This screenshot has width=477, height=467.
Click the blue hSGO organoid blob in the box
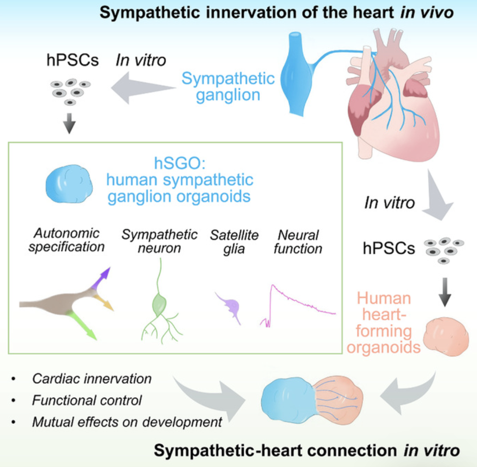pos(69,186)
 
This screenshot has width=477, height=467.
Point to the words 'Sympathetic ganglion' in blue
pos(228,86)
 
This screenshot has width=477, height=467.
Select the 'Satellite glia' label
pos(234,242)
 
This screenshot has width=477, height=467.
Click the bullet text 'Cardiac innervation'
pos(92,379)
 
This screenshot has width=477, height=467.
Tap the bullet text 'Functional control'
pos(87,400)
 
